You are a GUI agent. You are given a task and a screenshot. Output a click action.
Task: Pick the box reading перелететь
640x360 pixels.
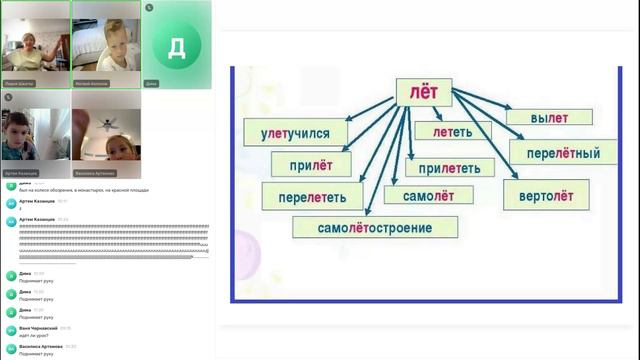click(312, 196)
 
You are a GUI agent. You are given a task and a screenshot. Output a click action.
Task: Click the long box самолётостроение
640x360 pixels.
click(375, 227)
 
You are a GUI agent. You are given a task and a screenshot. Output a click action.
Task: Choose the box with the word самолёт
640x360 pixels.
click(423, 196)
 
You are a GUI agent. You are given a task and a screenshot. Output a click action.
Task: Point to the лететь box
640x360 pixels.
click(454, 131)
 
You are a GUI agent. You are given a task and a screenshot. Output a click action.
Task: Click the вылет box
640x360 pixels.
click(542, 117)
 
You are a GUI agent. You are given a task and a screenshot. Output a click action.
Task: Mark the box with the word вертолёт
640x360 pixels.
click(546, 194)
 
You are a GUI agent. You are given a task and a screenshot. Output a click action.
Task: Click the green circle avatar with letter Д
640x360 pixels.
click(176, 46)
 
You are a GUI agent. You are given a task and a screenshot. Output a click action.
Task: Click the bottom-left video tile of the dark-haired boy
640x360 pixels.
click(35, 135)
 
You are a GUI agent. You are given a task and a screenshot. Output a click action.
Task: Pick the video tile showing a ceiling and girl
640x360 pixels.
click(105, 135)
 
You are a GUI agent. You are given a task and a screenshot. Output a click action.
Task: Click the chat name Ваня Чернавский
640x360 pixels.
click(36, 327)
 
